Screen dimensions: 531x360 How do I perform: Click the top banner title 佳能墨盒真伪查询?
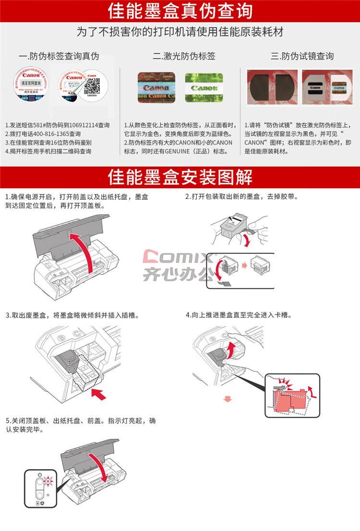(x=180, y=11)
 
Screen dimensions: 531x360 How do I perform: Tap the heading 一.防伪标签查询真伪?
(x=59, y=56)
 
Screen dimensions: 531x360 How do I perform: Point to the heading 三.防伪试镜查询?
(x=302, y=56)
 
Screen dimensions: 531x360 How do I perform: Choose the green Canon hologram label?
(x=204, y=87)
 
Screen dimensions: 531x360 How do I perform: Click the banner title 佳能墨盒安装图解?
(x=180, y=177)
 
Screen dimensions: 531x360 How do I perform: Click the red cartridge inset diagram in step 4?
(x=292, y=395)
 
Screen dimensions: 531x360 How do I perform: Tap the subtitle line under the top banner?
(x=180, y=32)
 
